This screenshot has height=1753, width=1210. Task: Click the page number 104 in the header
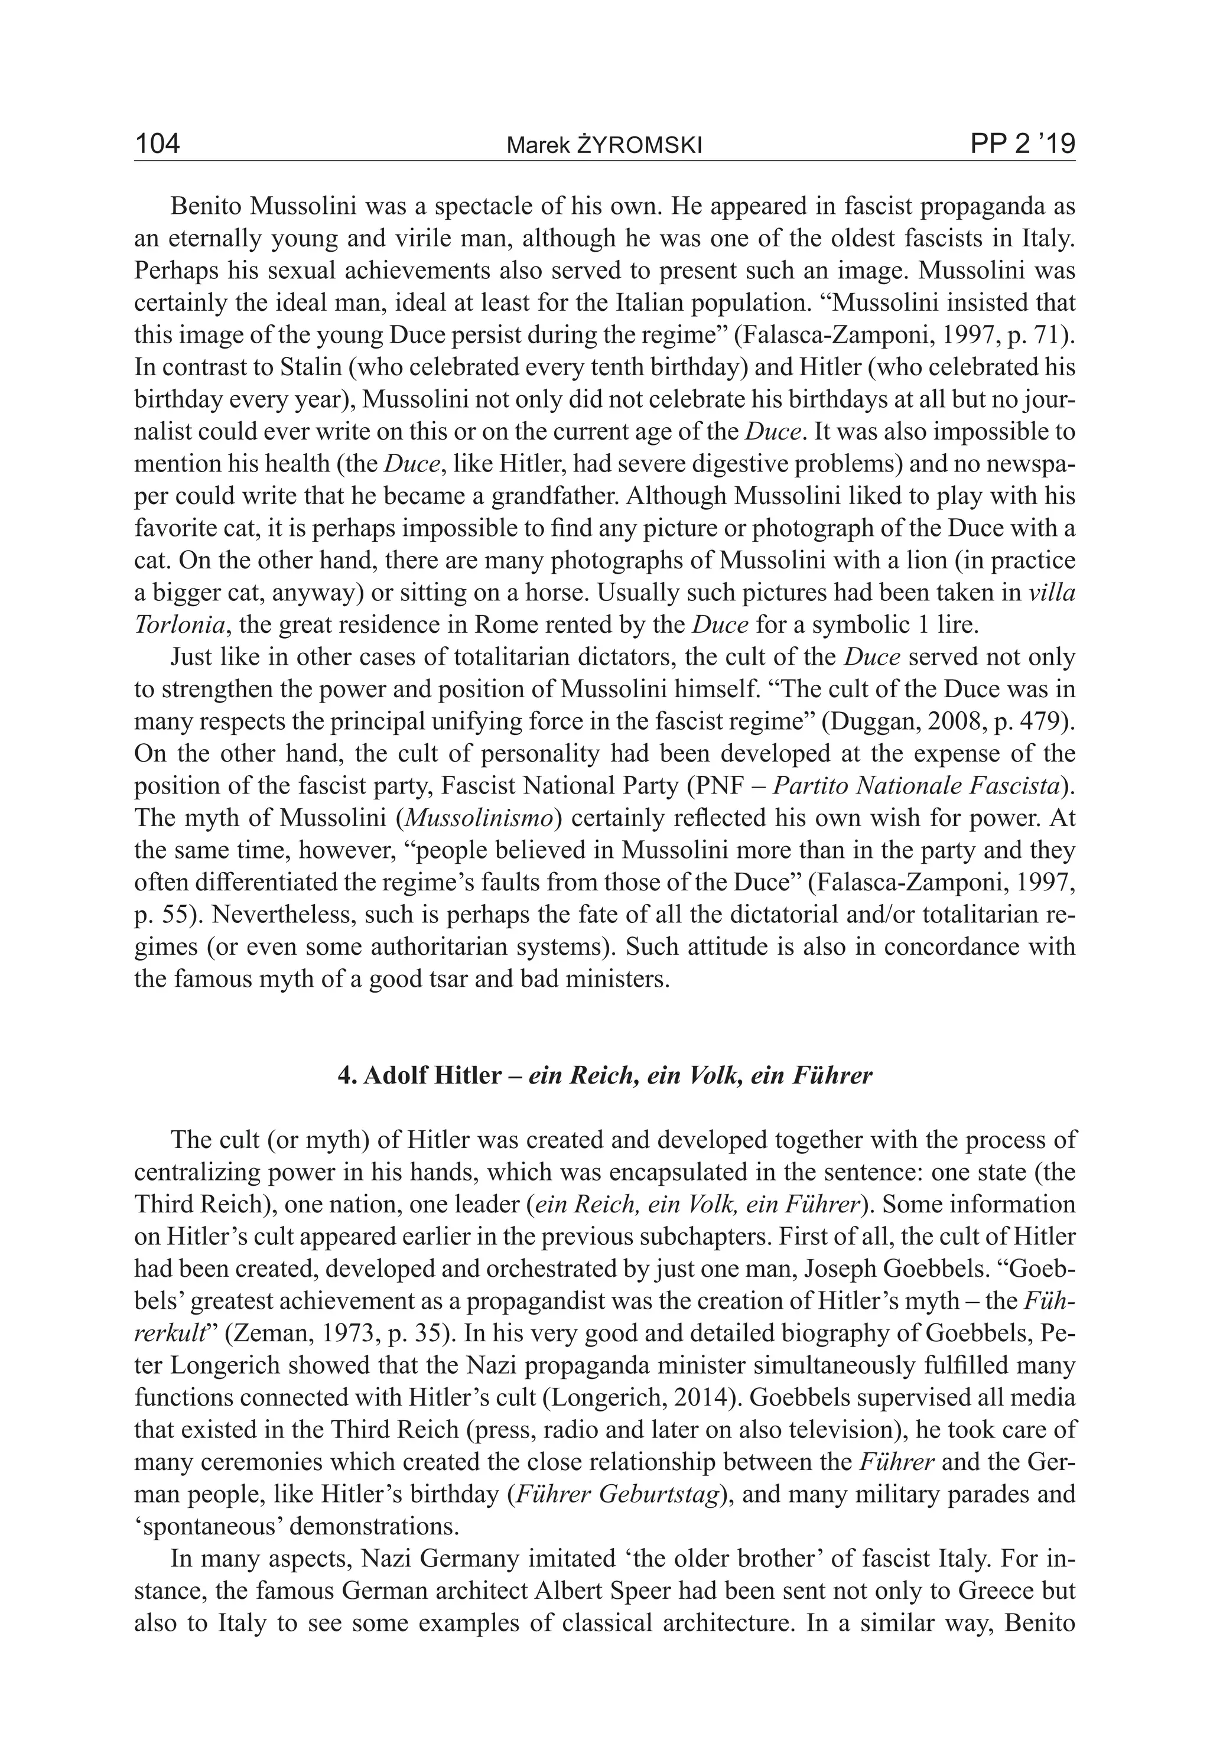(x=157, y=144)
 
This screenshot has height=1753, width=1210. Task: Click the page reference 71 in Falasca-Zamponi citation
(x=1050, y=335)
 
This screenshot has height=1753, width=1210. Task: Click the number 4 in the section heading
(x=343, y=1076)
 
